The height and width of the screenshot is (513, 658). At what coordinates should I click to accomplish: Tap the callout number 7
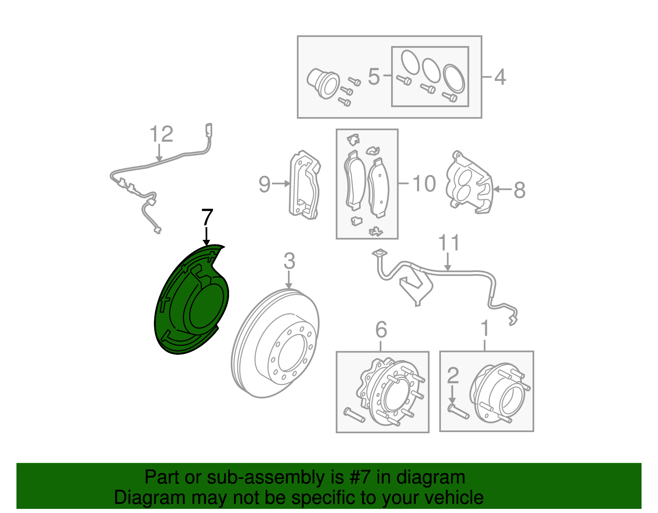207,218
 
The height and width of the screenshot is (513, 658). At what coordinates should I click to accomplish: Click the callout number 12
161,134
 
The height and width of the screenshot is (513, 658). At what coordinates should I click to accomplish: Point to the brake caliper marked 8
469,185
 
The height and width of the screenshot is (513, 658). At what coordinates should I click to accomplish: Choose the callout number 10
424,184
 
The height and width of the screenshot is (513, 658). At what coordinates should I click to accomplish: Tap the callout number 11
448,243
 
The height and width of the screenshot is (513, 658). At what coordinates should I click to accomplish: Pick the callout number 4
500,77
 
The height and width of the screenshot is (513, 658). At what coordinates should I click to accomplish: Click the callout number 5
373,77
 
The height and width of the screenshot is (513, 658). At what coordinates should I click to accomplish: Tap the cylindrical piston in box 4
323,82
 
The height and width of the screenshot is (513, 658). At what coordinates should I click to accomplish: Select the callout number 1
485,329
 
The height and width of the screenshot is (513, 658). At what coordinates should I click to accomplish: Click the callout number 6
381,330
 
